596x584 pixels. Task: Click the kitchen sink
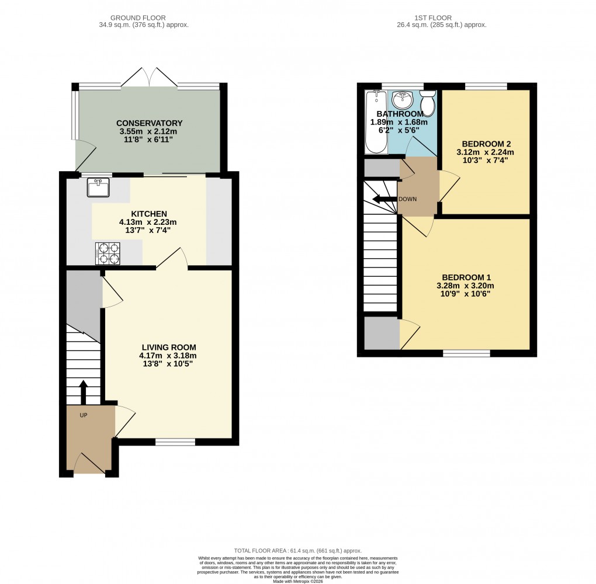pos(98,187)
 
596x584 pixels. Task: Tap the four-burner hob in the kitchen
pos(108,253)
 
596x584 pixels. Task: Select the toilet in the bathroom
pos(428,103)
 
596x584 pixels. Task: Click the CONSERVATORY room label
pos(149,123)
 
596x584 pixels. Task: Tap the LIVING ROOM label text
pos(168,347)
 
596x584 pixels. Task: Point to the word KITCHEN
pos(148,214)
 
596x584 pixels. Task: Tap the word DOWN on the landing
pos(408,199)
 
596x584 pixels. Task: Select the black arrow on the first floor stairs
pos(384,200)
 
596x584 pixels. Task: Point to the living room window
pos(175,442)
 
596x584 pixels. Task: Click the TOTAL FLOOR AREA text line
pos(298,551)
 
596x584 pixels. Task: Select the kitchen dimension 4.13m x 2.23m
pos(148,223)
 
